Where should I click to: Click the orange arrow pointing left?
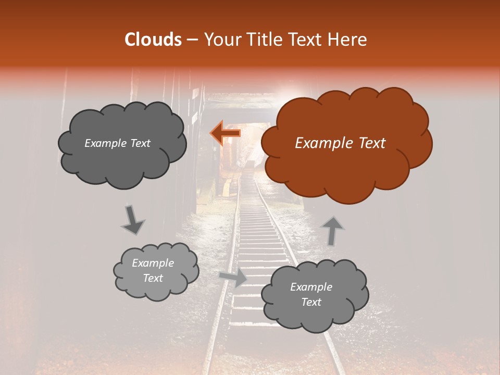(225, 133)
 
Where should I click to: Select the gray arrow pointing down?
(133, 220)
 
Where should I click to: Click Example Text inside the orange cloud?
(340, 143)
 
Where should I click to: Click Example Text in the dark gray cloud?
(117, 143)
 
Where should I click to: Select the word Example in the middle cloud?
(153, 263)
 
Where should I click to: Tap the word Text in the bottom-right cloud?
(311, 302)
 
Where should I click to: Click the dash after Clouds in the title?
(192, 40)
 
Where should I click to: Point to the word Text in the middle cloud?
(153, 278)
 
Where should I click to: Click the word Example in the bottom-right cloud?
(311, 287)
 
